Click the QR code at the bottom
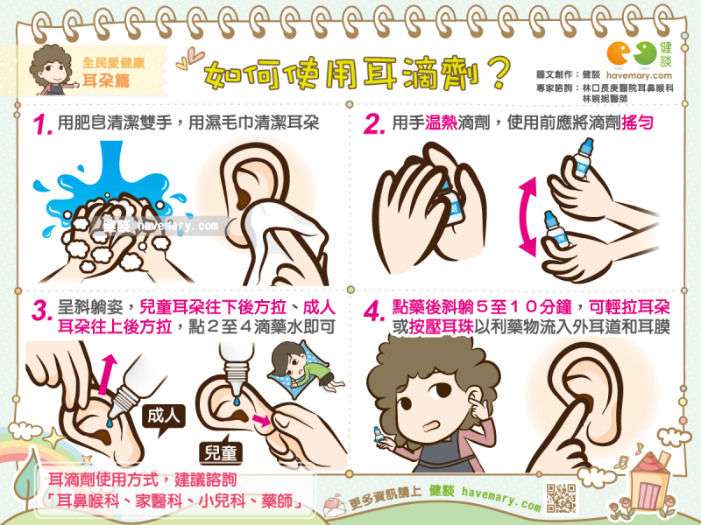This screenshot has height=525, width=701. pyautogui.click(x=561, y=497)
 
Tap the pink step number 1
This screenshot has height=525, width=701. pyautogui.click(x=43, y=124)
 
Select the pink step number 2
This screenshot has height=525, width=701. pyautogui.click(x=374, y=123)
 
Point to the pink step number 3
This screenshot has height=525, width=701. pyautogui.click(x=42, y=310)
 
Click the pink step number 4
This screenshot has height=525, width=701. pyautogui.click(x=375, y=311)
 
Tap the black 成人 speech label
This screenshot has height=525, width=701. pyautogui.click(x=164, y=417)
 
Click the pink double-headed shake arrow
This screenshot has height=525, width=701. pyautogui.click(x=528, y=216)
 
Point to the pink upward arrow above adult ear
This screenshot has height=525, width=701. pyautogui.click(x=106, y=374)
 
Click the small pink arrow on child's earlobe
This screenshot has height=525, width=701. pyautogui.click(x=261, y=420)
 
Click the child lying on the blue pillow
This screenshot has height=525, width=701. pyautogui.click(x=304, y=367)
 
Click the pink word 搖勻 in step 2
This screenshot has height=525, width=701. pyautogui.click(x=638, y=122)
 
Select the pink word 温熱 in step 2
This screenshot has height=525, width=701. pyautogui.click(x=441, y=122)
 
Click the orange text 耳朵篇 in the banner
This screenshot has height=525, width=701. pyautogui.click(x=106, y=80)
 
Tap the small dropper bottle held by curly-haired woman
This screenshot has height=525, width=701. pyautogui.click(x=379, y=435)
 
